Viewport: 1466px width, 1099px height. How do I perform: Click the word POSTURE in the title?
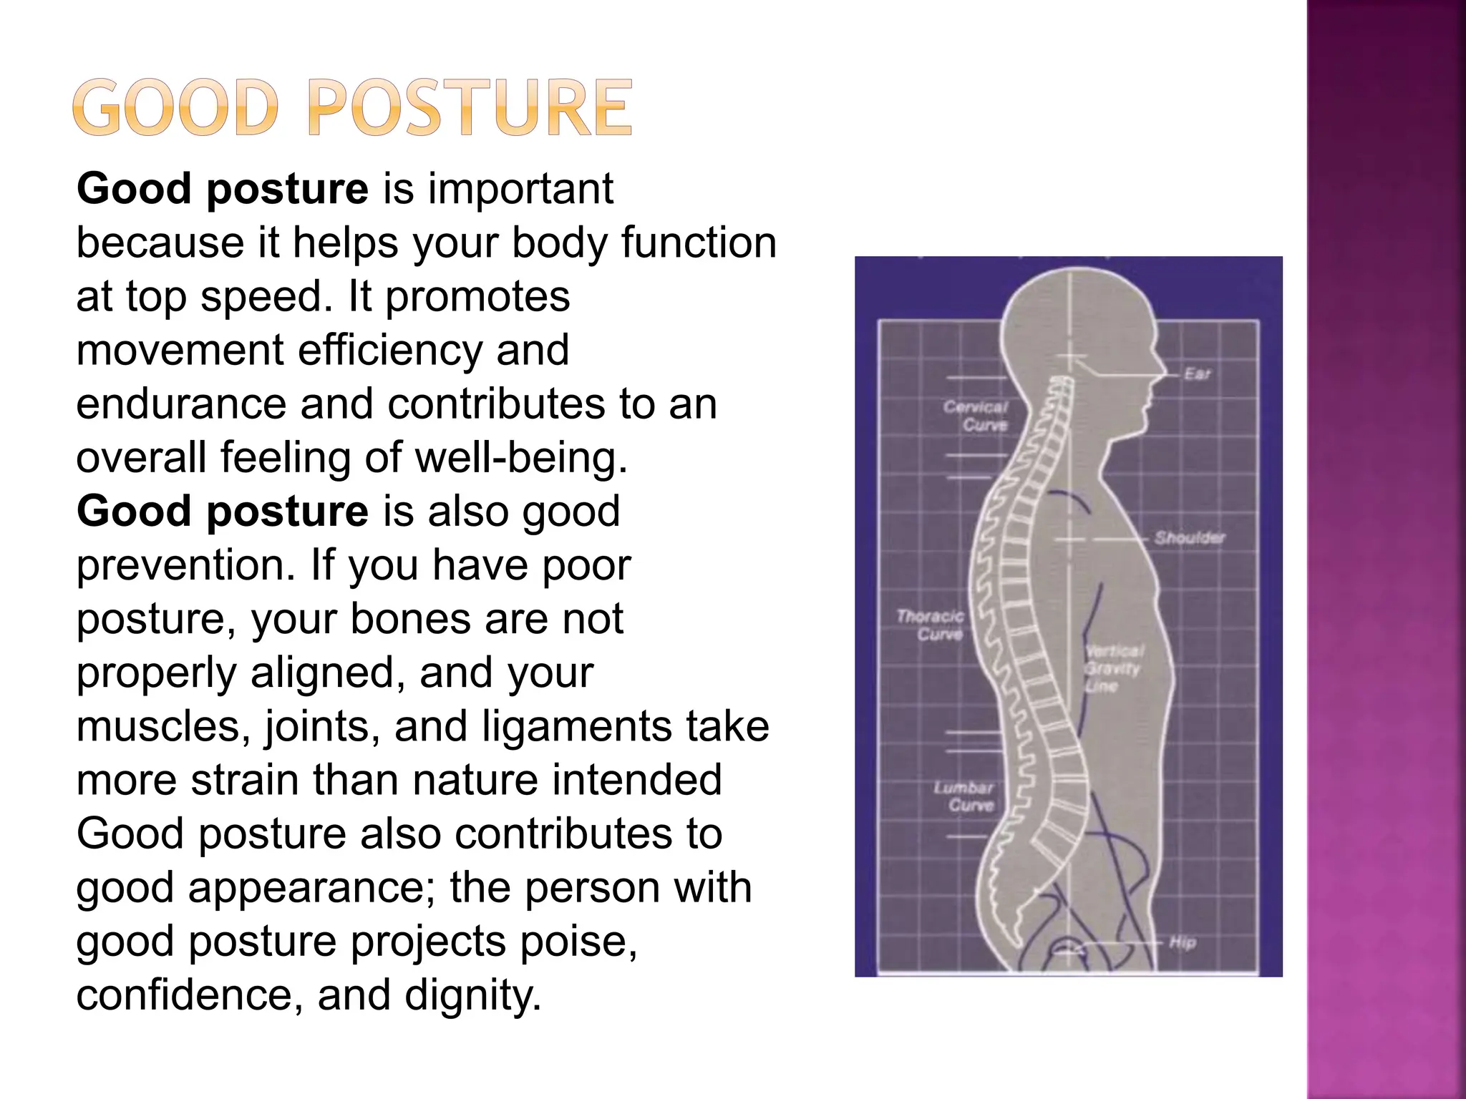470,108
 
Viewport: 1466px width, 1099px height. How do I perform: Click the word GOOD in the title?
175,108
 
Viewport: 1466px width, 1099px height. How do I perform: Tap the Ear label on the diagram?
1196,373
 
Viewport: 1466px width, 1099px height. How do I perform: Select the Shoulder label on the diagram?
1189,537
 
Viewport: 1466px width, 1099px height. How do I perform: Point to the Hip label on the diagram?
1183,942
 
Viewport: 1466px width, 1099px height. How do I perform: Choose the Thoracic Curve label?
931,625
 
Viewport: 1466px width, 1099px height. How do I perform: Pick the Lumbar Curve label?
964,796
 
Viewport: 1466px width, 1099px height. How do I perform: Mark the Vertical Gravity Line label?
1113,668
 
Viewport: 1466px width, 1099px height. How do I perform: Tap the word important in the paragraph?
520,189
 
